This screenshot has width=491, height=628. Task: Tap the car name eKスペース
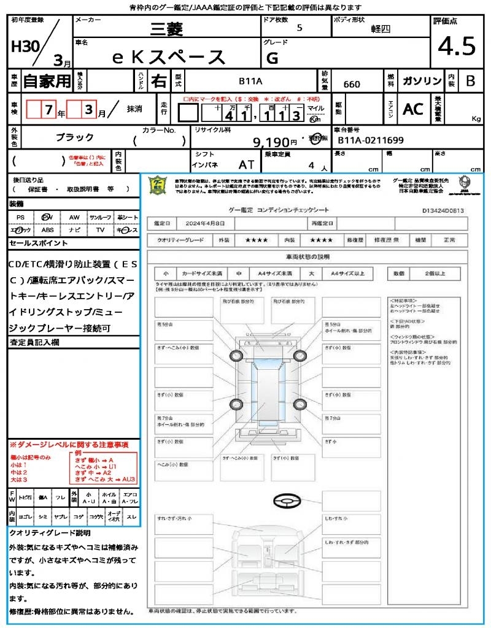[x=169, y=57]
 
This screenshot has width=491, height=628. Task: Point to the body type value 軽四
[x=381, y=28]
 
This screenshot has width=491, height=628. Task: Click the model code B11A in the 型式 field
[x=250, y=81]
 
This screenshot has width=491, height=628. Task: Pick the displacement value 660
[x=352, y=84]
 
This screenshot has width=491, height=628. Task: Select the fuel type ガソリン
[x=421, y=82]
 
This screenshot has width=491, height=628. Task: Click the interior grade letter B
[x=470, y=82]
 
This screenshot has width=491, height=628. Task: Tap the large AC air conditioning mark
[x=413, y=109]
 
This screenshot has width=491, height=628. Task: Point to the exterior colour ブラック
[x=75, y=137]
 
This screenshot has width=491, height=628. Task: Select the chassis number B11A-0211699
[x=371, y=140]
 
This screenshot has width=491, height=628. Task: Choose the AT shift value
[x=247, y=164]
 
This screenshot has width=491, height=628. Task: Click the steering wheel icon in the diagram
[x=285, y=501]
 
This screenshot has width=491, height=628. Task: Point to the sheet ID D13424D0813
[x=443, y=210]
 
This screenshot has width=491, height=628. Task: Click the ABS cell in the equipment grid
[x=48, y=230]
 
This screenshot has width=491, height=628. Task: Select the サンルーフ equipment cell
[x=101, y=217]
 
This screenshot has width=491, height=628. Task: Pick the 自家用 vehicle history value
[x=47, y=81]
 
